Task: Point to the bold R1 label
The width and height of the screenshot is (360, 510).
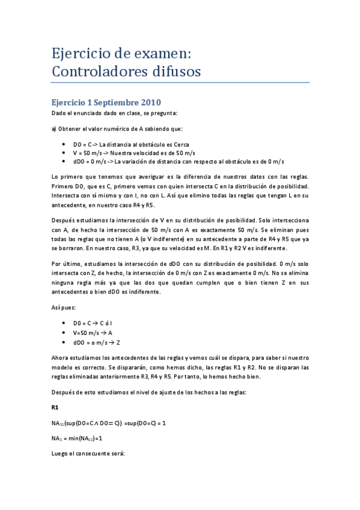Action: pos(55,407)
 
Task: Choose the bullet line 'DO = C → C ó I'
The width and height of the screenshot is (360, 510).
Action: pos(96,323)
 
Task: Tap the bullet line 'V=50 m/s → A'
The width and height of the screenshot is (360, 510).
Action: pos(93,332)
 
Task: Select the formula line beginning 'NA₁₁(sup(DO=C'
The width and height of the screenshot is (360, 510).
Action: pos(108,423)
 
